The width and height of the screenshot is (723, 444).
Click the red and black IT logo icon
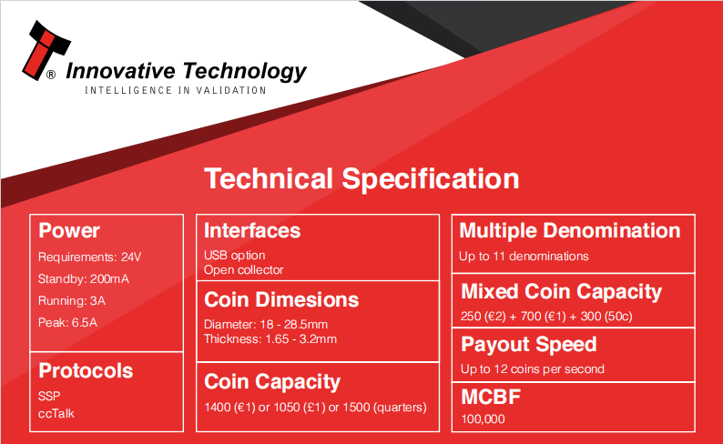(46, 50)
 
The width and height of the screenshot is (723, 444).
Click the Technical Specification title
(361, 178)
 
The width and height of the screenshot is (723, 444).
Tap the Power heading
(69, 230)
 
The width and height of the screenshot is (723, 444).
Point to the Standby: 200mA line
(84, 278)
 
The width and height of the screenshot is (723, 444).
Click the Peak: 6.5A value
(67, 322)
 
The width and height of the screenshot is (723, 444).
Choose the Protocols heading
(86, 371)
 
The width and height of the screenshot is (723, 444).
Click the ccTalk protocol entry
(56, 414)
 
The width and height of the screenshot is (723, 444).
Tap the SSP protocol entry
(49, 396)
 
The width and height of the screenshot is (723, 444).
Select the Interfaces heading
(252, 230)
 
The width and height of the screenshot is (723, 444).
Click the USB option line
(234, 255)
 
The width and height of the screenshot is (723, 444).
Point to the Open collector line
(243, 270)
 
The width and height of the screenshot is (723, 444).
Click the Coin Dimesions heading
(281, 299)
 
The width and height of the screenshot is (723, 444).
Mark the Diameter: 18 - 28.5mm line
(266, 324)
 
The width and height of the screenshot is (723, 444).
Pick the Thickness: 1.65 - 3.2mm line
(270, 339)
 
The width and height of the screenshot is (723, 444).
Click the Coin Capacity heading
(272, 382)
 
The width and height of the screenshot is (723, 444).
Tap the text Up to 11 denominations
(524, 256)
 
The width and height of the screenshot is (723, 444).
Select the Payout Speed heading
(529, 345)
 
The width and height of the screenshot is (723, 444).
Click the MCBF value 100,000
(483, 419)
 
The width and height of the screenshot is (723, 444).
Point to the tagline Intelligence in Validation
(175, 90)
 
